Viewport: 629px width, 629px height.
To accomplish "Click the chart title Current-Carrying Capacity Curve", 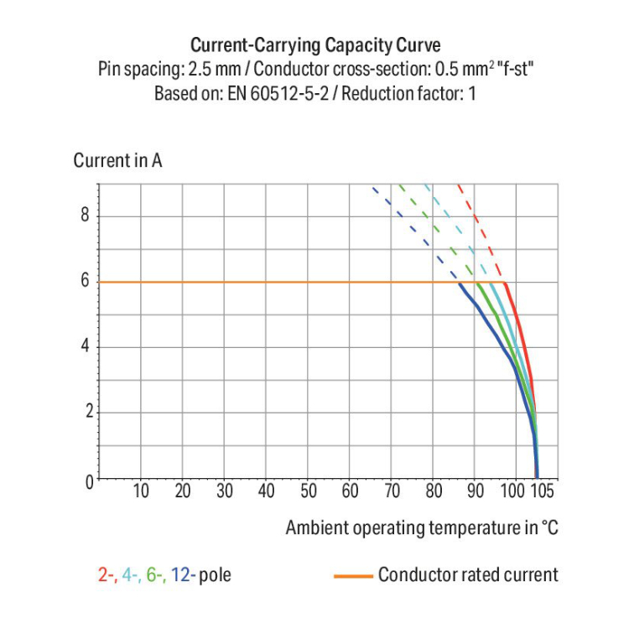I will pos(315,44).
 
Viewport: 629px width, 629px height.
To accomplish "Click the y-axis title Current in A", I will pos(117,161).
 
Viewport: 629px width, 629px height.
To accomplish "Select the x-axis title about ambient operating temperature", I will pos(421,528).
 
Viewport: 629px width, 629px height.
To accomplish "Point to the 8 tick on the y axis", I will pos(85,216).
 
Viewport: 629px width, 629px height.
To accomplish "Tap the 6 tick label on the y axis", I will pos(85,282).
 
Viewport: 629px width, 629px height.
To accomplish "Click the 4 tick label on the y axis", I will pos(85,347).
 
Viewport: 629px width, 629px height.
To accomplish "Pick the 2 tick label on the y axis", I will pos(85,413).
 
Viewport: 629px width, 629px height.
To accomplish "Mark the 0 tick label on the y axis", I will pos(85,481).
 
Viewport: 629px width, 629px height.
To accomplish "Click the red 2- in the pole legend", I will pos(107,575).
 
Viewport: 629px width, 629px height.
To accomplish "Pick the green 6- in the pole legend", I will pos(155,575).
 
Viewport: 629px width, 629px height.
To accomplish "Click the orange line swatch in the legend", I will pos(353,576).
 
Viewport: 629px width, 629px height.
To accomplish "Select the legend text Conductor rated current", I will pos(467,575).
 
